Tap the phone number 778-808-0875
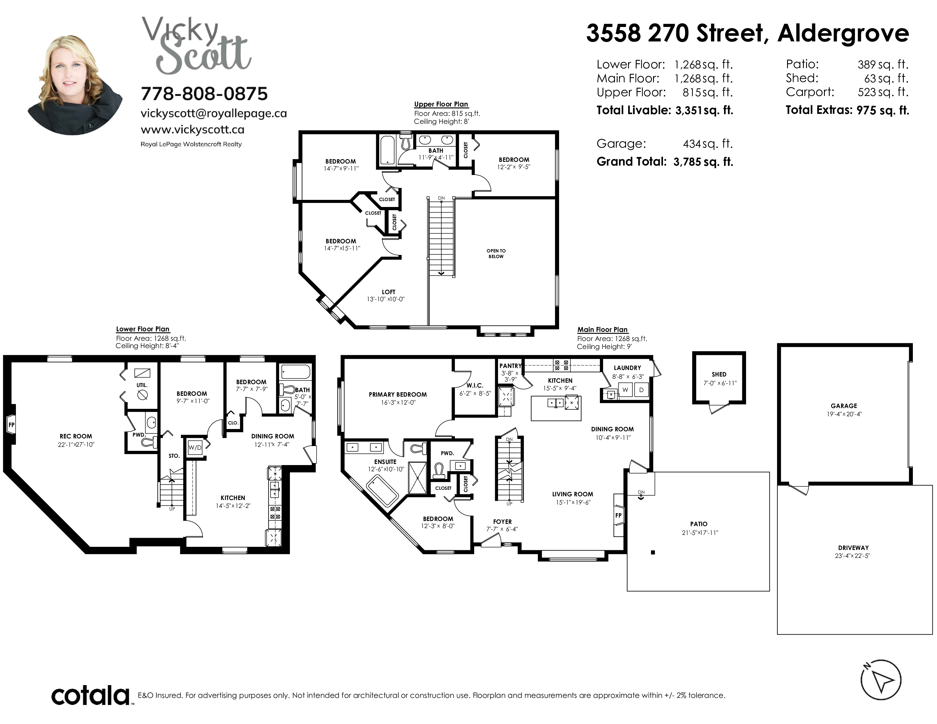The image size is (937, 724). pos(204,93)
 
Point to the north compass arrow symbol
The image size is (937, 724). pos(881,680)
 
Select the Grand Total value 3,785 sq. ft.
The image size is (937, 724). pos(703,162)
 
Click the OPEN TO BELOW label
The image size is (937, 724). pos(496,254)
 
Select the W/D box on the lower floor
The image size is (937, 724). pos(195,447)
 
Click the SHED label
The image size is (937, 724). pos(719,374)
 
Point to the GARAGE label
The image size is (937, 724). pos(844,406)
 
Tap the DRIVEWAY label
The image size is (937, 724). pos(853,548)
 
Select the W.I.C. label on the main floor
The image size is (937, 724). pos(475,386)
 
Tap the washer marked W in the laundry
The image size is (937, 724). pos(625,390)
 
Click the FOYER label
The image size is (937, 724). pos(502,522)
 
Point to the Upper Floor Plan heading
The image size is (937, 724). pos(441,104)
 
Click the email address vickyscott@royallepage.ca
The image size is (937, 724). pos(214,113)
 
